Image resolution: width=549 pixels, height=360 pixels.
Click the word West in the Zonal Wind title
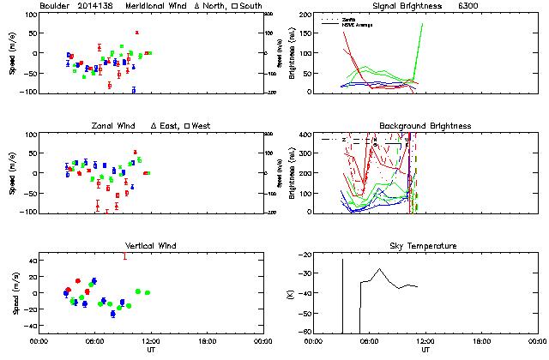[202, 126]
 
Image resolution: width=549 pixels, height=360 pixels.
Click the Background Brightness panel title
[425, 126]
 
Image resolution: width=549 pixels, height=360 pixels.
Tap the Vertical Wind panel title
[151, 246]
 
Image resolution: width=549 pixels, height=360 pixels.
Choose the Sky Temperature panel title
[425, 246]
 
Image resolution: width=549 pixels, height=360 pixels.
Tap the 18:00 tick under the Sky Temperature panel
[482, 341]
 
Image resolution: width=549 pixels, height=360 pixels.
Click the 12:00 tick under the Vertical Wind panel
[151, 341]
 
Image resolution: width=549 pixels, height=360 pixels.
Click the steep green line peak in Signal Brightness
[423, 24]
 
